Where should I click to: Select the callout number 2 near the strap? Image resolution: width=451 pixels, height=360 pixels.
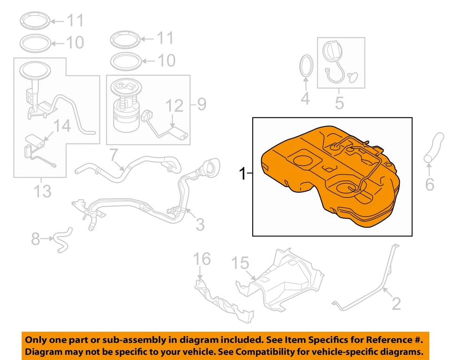tap(396, 304)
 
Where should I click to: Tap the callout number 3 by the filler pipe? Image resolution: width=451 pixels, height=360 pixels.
tap(200, 224)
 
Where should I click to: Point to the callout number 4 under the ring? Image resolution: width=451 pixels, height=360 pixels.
tap(305, 99)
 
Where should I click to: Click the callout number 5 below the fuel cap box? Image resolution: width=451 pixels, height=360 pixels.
tap(339, 102)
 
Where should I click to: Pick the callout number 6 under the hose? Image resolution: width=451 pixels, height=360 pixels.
tap(429, 185)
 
